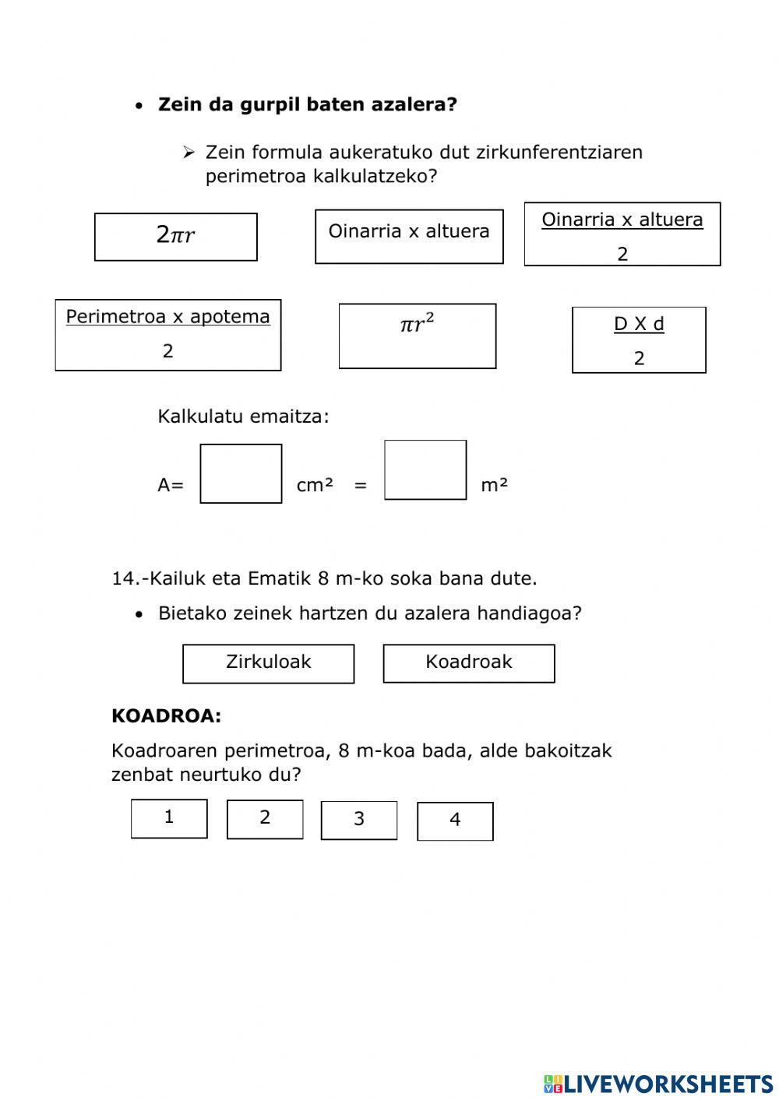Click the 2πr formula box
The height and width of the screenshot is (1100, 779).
[x=175, y=237]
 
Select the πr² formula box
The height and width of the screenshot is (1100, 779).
[x=417, y=336]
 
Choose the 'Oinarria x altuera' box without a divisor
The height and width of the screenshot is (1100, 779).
[x=409, y=236]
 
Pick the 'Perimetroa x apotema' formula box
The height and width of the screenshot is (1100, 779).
[x=167, y=335]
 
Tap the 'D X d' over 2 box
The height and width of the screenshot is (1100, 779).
[x=639, y=340]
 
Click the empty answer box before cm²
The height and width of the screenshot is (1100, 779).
[x=241, y=473]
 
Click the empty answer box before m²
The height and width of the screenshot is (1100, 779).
[x=425, y=470]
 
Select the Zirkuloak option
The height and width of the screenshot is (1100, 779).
[x=268, y=663]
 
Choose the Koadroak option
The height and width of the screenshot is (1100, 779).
[x=469, y=663]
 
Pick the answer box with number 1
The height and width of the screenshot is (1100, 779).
[x=169, y=818]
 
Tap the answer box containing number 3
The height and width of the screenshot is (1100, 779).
[x=359, y=821]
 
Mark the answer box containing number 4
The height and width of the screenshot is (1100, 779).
[x=455, y=821]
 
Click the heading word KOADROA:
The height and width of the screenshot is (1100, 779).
[x=166, y=716]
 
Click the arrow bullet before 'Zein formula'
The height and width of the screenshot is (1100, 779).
[x=189, y=153]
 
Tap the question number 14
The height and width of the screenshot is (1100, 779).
[x=125, y=578]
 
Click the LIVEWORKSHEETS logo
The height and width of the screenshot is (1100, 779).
[x=658, y=1083]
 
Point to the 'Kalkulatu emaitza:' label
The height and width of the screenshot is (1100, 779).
[x=243, y=416]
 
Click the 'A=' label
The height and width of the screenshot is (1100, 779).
[x=171, y=485]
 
